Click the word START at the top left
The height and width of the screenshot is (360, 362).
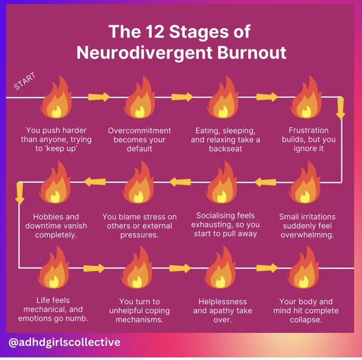[25, 82]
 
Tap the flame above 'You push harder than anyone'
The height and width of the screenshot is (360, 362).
[55, 98]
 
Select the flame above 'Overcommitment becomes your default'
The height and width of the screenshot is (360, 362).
[139, 98]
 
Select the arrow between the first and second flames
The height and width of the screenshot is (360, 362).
[99, 97]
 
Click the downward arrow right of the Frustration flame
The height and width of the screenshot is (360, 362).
[340, 109]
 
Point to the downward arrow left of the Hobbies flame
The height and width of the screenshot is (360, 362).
[20, 193]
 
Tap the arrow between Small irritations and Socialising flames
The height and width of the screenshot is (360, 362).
[265, 182]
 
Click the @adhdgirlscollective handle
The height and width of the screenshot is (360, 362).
[65, 342]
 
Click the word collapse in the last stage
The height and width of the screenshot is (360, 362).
[306, 320]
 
